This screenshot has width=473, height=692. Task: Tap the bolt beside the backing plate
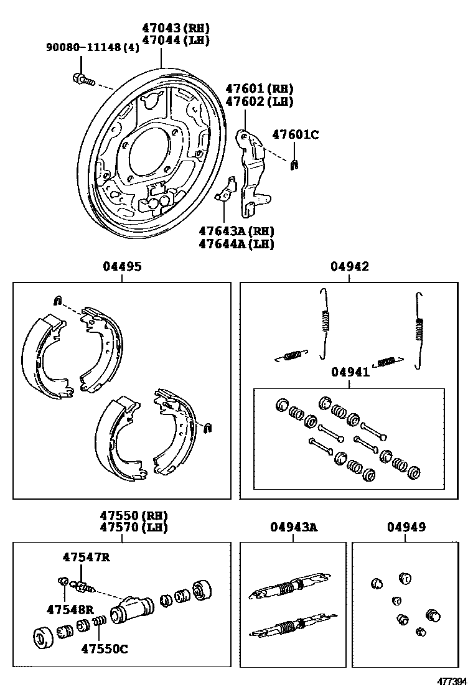[82, 78]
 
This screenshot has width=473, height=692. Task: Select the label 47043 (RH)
[175, 28]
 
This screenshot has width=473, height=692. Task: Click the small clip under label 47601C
[295, 164]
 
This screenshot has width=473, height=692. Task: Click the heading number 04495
[122, 266]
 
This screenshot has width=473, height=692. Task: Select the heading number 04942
[349, 266]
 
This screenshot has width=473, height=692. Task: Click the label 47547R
[86, 557]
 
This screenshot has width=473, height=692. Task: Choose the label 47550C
[104, 649]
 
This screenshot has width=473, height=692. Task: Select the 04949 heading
[406, 527]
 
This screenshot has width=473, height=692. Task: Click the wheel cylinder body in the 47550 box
[131, 609]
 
